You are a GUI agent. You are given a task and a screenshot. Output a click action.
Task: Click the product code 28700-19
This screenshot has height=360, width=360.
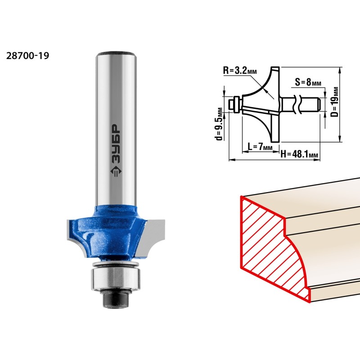[x=27, y=55]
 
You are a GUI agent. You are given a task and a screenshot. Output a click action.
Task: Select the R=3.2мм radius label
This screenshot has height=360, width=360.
[x=240, y=71]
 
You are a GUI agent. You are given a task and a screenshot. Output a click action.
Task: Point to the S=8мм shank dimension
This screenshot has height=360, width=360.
[x=308, y=82]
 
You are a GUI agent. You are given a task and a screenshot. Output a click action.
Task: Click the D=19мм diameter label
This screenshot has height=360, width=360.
[x=335, y=102]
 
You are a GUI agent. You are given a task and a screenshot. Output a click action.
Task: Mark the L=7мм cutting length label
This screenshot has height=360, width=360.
[x=260, y=146]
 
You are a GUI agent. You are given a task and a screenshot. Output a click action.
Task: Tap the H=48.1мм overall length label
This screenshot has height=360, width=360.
[x=299, y=154]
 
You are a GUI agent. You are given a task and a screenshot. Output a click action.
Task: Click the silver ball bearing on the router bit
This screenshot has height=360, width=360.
[x=115, y=278]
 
